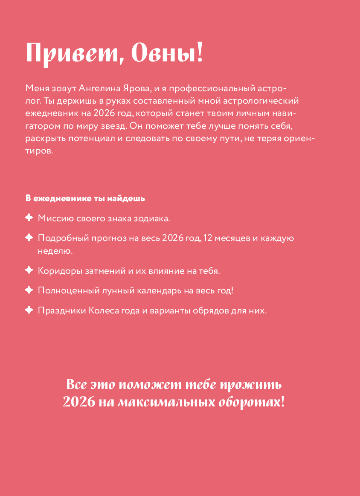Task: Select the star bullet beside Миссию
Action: tap(29, 218)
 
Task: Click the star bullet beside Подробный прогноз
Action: tap(29, 238)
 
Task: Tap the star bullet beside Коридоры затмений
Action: tap(29, 270)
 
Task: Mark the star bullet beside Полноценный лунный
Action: tap(29, 290)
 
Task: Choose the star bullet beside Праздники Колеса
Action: tap(29, 310)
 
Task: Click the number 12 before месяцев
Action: tap(208, 238)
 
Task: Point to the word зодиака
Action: tap(152, 218)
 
